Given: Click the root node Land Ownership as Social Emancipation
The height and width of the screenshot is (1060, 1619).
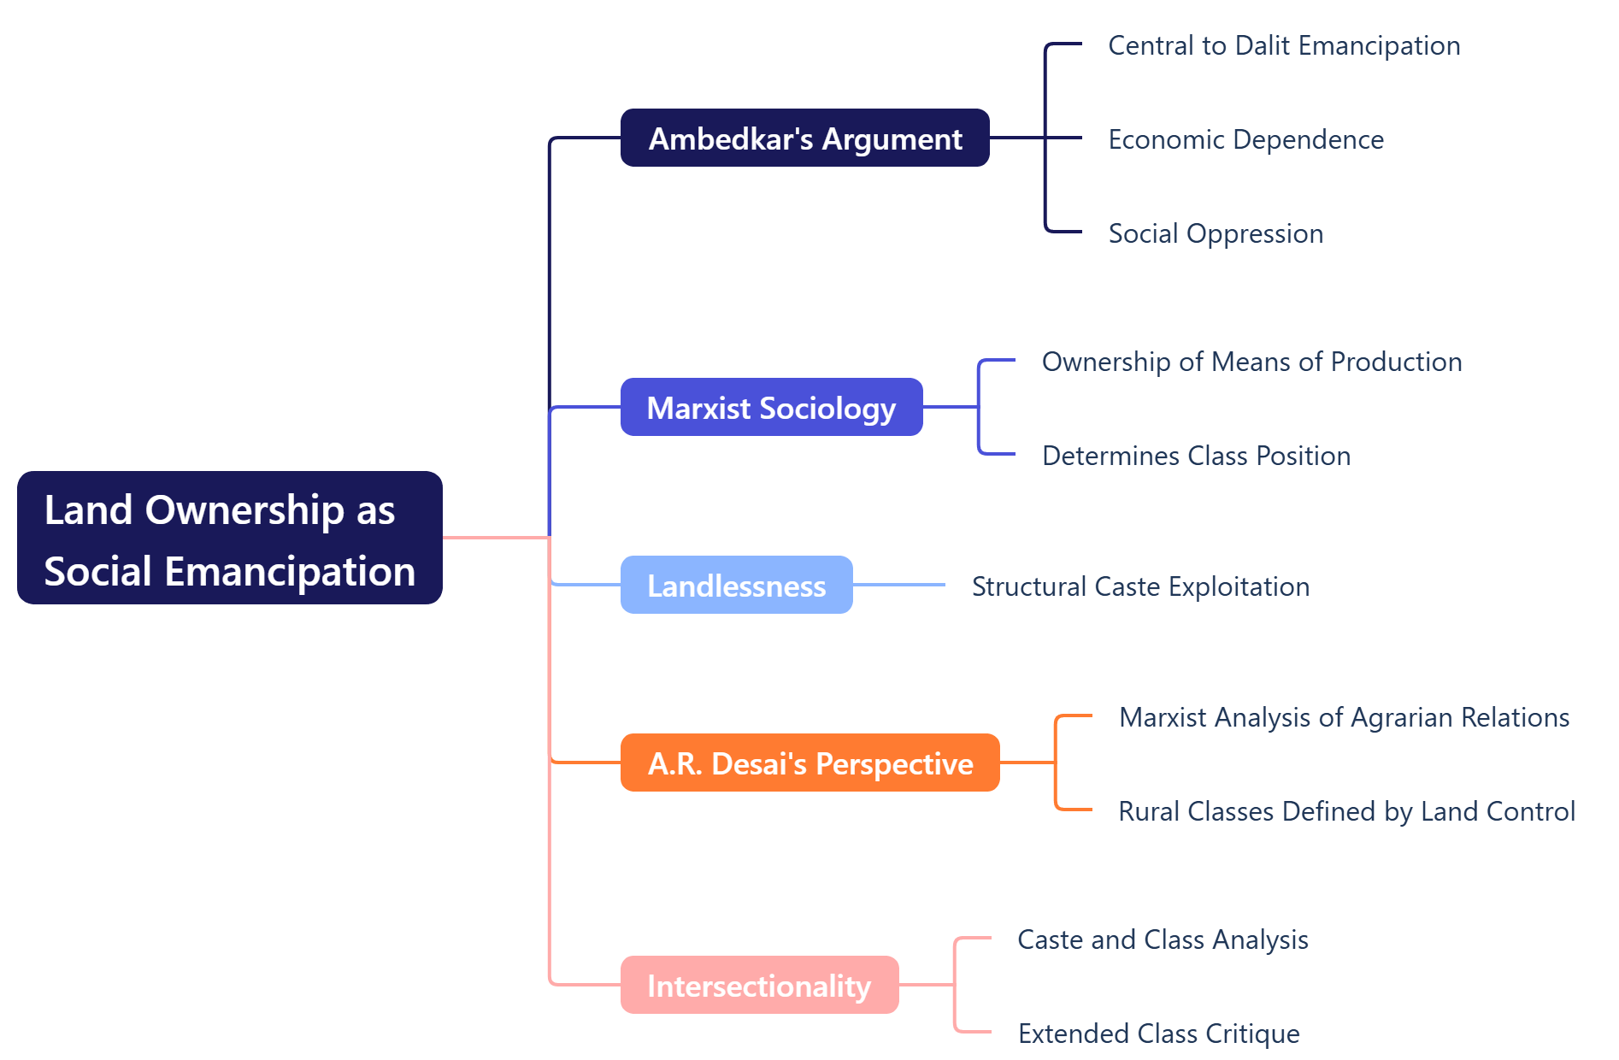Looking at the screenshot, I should (229, 538).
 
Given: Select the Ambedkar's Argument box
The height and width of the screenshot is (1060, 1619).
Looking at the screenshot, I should (804, 138).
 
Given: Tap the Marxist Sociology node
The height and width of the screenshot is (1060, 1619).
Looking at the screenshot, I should (771, 408).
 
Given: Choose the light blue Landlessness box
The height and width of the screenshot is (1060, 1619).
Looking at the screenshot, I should (736, 586).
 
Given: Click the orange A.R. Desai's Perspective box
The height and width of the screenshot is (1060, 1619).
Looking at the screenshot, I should (809, 763).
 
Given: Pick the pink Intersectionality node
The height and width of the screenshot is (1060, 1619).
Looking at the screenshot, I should (759, 986).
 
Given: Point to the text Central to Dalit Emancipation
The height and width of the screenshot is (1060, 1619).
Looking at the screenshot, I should (1284, 45).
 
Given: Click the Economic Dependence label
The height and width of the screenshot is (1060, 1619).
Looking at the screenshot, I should (1245, 139).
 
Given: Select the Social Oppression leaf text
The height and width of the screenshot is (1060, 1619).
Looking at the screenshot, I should (1216, 233).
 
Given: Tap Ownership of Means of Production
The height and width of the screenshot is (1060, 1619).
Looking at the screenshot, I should (1251, 362).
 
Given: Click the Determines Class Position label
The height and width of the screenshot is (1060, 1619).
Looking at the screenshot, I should (1196, 456).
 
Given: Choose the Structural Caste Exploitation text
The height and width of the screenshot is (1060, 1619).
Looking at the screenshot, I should (1140, 586).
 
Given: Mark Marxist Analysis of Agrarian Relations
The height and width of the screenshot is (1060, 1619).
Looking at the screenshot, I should (1344, 717).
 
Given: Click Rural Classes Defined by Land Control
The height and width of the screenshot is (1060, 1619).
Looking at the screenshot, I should (1346, 811).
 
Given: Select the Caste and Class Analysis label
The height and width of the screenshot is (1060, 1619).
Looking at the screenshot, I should (1163, 939).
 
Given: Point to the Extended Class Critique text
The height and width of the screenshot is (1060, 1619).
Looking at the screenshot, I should (1158, 1033).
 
